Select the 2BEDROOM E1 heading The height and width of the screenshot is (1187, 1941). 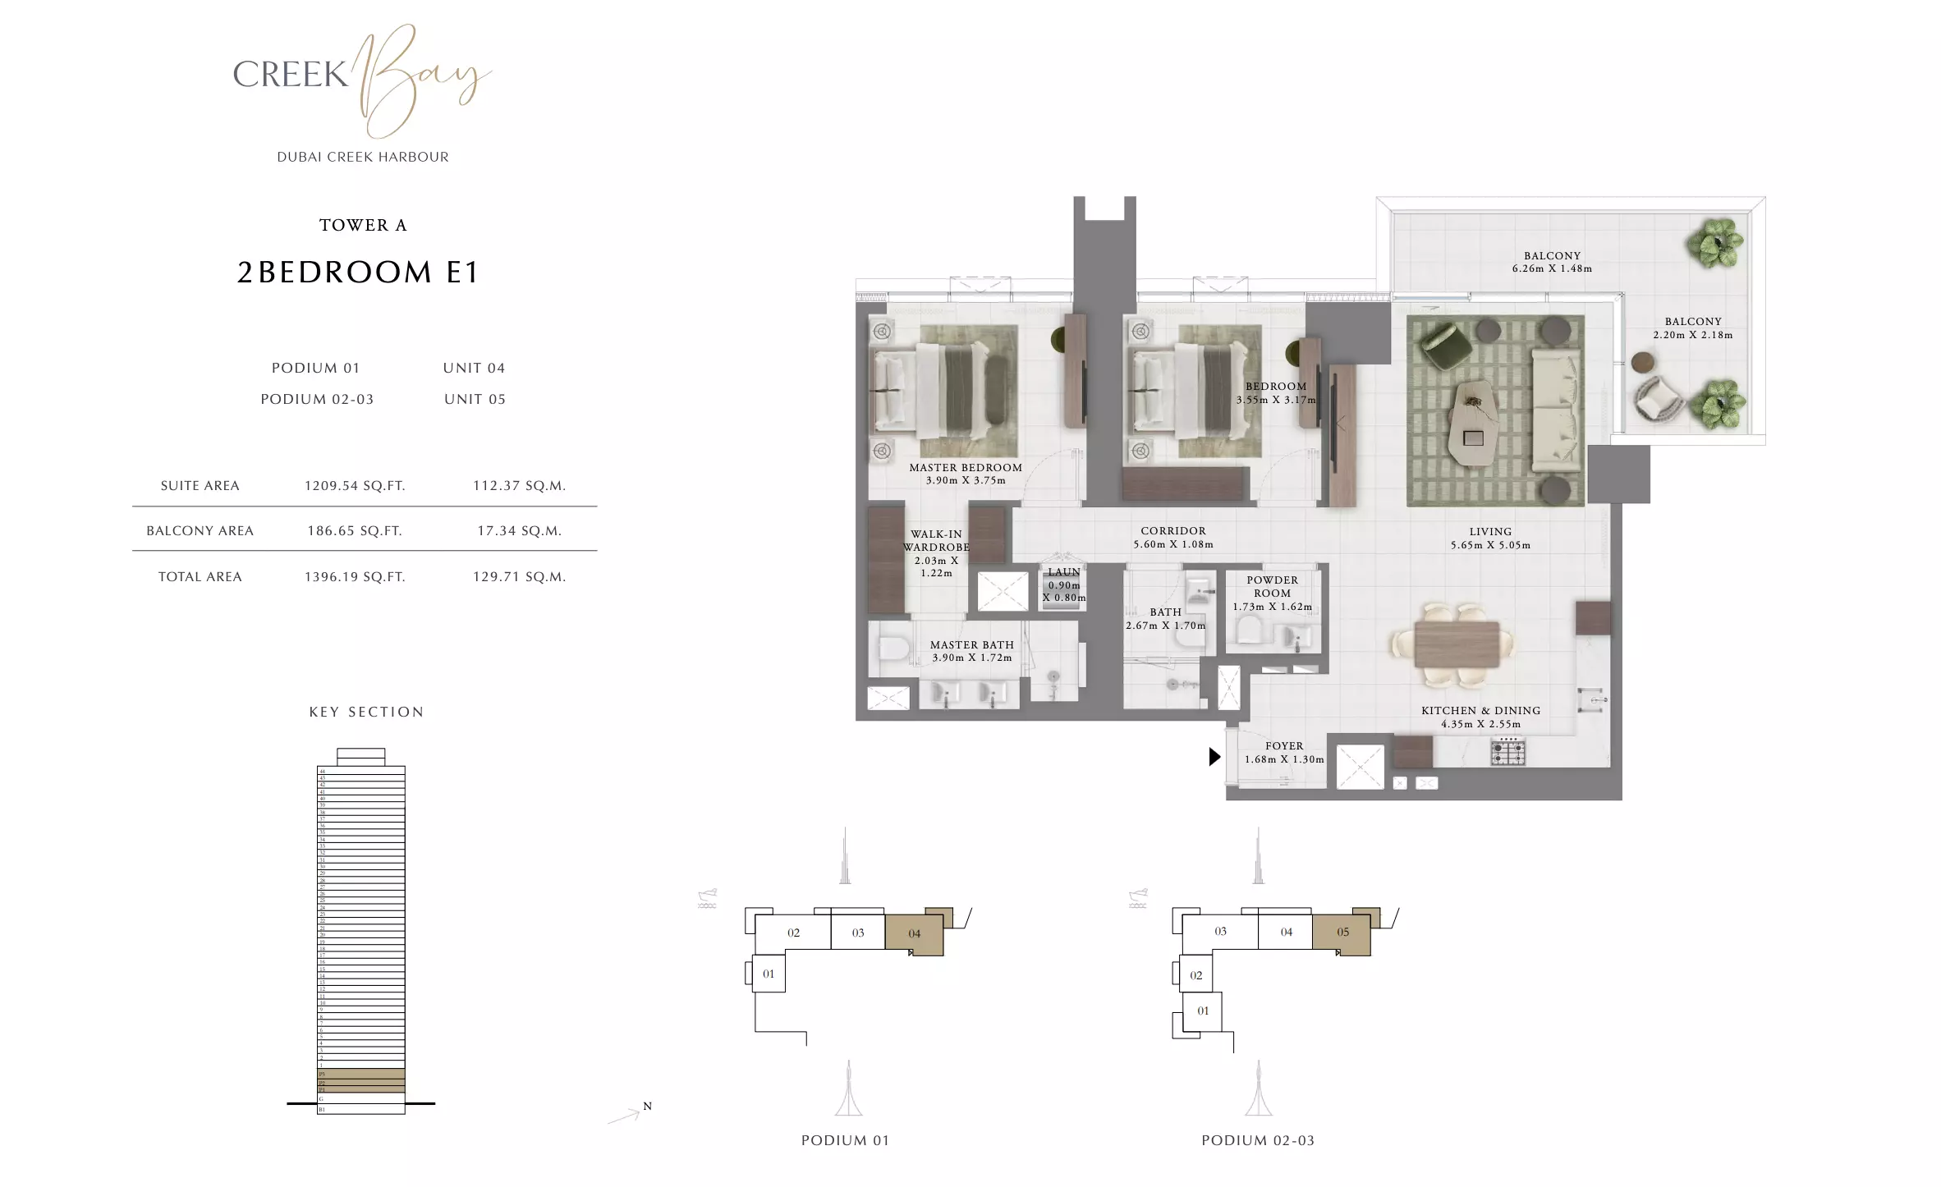click(x=358, y=273)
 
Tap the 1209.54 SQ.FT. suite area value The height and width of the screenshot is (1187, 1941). click(x=355, y=486)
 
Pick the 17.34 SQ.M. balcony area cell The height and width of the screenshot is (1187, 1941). click(x=519, y=531)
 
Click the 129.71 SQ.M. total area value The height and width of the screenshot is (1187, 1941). click(x=519, y=577)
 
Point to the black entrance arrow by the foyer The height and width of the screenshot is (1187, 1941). click(x=1214, y=757)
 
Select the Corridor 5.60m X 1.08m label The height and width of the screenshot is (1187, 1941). click(x=1172, y=538)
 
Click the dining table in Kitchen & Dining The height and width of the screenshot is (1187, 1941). click(x=1457, y=644)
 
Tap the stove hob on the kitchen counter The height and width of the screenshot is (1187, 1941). click(x=1507, y=750)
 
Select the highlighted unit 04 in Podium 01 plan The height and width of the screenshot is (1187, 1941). click(x=914, y=934)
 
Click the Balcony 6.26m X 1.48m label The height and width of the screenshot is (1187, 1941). click(x=1552, y=262)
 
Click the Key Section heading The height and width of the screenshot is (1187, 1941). click(x=366, y=713)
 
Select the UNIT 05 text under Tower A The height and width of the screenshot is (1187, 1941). click(x=475, y=400)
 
